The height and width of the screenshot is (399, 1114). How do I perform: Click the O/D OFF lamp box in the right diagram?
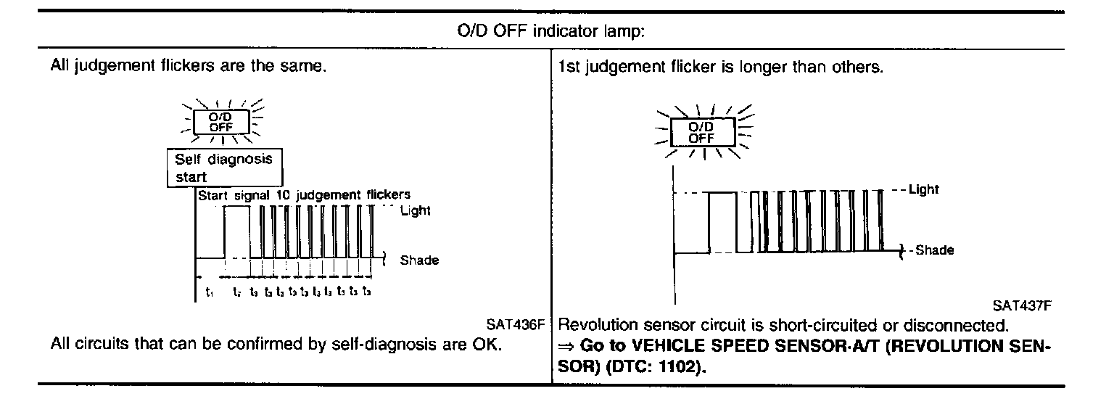tap(701, 132)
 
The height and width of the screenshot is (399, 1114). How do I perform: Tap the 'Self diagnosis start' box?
tap(224, 168)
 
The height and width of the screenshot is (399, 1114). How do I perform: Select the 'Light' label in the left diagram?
tap(415, 211)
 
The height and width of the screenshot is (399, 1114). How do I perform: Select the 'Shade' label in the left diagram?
tap(418, 260)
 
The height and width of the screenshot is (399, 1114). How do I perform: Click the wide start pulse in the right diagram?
tap(722, 222)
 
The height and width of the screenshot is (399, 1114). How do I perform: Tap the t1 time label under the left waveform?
tap(209, 293)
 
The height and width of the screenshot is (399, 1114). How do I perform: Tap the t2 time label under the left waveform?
tap(236, 293)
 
